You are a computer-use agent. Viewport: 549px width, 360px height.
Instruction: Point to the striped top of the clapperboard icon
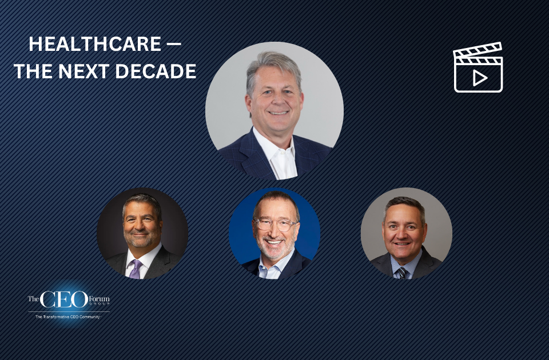pos(478,51)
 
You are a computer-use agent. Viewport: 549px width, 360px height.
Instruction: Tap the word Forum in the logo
pos(99,298)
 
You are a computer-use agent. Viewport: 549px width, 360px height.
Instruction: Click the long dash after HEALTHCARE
pos(173,45)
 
